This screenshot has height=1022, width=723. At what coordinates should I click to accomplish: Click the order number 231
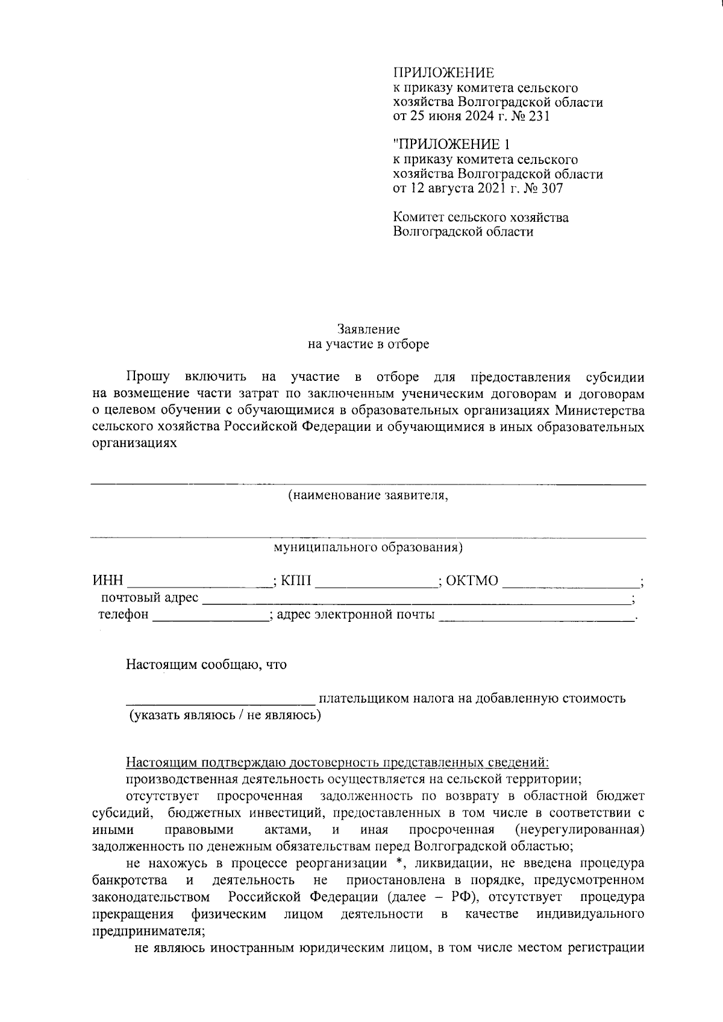click(538, 116)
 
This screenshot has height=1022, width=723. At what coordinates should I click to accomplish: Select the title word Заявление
click(368, 329)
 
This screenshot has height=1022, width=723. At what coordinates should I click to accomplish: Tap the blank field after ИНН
click(199, 582)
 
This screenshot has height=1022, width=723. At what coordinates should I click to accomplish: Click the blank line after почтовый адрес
click(416, 600)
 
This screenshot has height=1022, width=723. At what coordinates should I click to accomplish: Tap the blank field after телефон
click(210, 616)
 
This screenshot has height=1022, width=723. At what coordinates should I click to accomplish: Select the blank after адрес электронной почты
click(536, 616)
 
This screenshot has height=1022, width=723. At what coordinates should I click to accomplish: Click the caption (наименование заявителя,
click(368, 496)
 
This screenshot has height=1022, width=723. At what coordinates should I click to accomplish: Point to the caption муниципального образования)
click(368, 548)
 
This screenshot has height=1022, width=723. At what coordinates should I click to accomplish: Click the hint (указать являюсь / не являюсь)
click(224, 715)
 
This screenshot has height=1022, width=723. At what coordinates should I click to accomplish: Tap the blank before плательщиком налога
click(220, 700)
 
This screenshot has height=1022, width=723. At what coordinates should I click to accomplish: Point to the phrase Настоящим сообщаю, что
click(206, 665)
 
